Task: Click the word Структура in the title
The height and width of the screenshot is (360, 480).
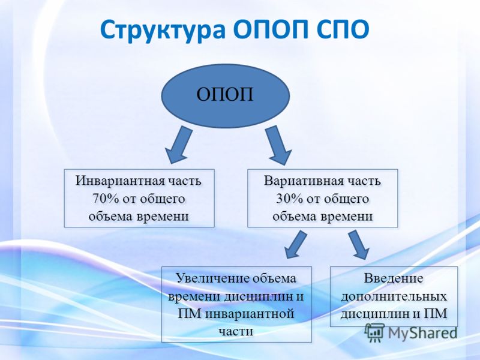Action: tap(163, 30)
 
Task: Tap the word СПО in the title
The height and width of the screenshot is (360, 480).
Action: tap(341, 29)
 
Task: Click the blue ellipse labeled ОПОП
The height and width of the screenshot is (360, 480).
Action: tap(225, 96)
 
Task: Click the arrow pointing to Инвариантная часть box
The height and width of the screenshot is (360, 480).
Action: tap(179, 145)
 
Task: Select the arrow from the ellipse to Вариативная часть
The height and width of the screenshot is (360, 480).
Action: tap(278, 145)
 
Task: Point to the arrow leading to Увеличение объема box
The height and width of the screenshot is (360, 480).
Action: tap(296, 245)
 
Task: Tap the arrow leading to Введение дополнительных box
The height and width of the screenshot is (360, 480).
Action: tap(358, 245)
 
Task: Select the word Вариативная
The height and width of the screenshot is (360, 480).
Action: tap(303, 181)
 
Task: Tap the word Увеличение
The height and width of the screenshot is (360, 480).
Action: tap(213, 278)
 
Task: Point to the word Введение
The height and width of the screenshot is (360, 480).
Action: tap(394, 278)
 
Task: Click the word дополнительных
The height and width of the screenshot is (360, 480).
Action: tap(394, 296)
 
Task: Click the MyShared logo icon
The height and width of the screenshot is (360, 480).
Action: tap(374, 332)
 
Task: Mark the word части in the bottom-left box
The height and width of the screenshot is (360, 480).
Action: tap(236, 332)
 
